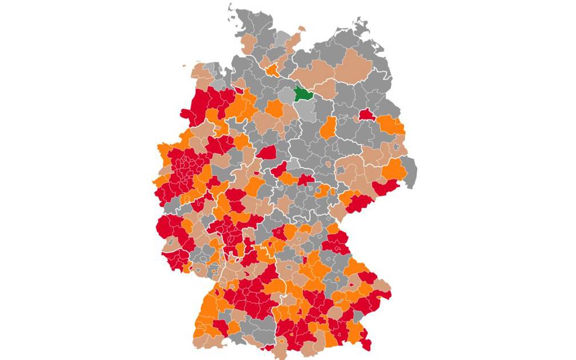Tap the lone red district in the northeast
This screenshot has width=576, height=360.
366,115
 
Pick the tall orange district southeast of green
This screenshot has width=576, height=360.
328,129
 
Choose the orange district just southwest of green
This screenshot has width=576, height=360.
275,109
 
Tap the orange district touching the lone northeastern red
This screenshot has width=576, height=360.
390,125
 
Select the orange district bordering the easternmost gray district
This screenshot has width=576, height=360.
394,169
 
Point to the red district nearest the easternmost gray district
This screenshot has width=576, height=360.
386,187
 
